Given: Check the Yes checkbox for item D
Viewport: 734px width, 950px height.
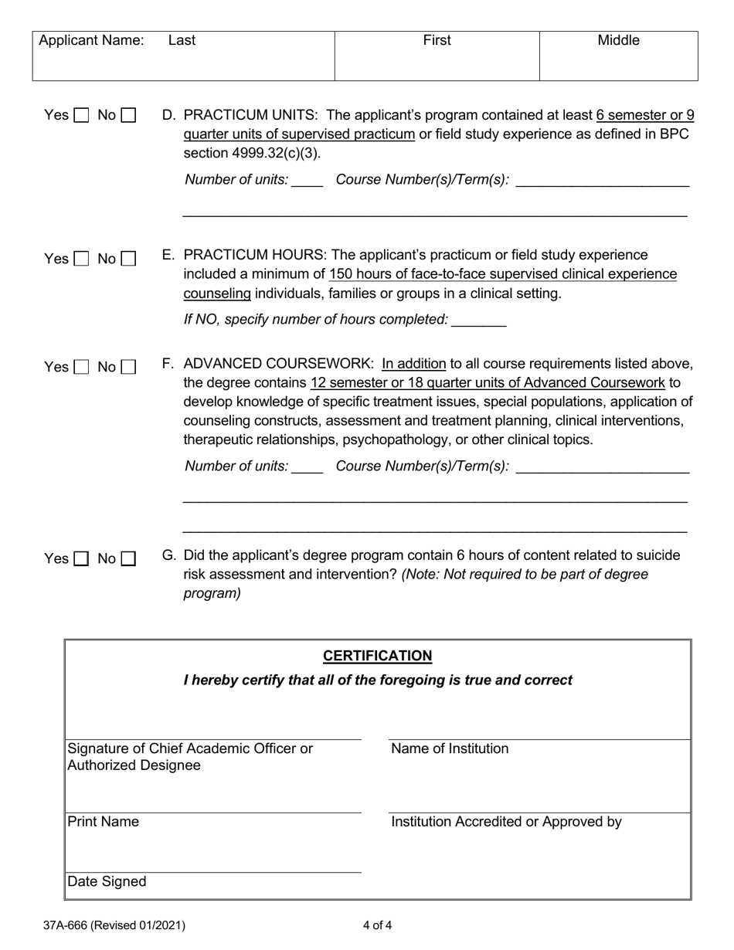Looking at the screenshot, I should pos(81,116).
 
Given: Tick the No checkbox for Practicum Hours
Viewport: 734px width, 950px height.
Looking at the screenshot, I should pos(128,260).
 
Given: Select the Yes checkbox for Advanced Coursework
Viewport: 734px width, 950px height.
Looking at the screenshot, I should pos(81,368).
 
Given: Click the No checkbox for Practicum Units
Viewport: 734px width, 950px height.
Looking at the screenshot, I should pos(128,116).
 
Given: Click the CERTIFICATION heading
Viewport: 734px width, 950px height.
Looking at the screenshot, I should pos(377,656).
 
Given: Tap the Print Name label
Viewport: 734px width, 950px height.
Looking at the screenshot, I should pos(104,822).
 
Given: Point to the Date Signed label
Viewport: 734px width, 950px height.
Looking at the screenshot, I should pos(107,882).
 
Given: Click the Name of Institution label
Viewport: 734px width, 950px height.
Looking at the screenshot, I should pos(450,748).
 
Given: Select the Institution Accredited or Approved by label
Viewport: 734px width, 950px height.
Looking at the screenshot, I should pos(506,822).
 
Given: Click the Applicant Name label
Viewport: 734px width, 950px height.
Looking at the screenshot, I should pos(91,40).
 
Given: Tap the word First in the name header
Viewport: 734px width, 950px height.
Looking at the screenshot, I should pos(437,40).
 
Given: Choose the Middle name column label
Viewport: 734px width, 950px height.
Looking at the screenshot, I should pos(618,40).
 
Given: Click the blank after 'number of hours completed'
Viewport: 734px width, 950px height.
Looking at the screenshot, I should pos(479,320).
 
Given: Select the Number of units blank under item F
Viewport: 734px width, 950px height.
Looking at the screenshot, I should pos(308,467).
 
